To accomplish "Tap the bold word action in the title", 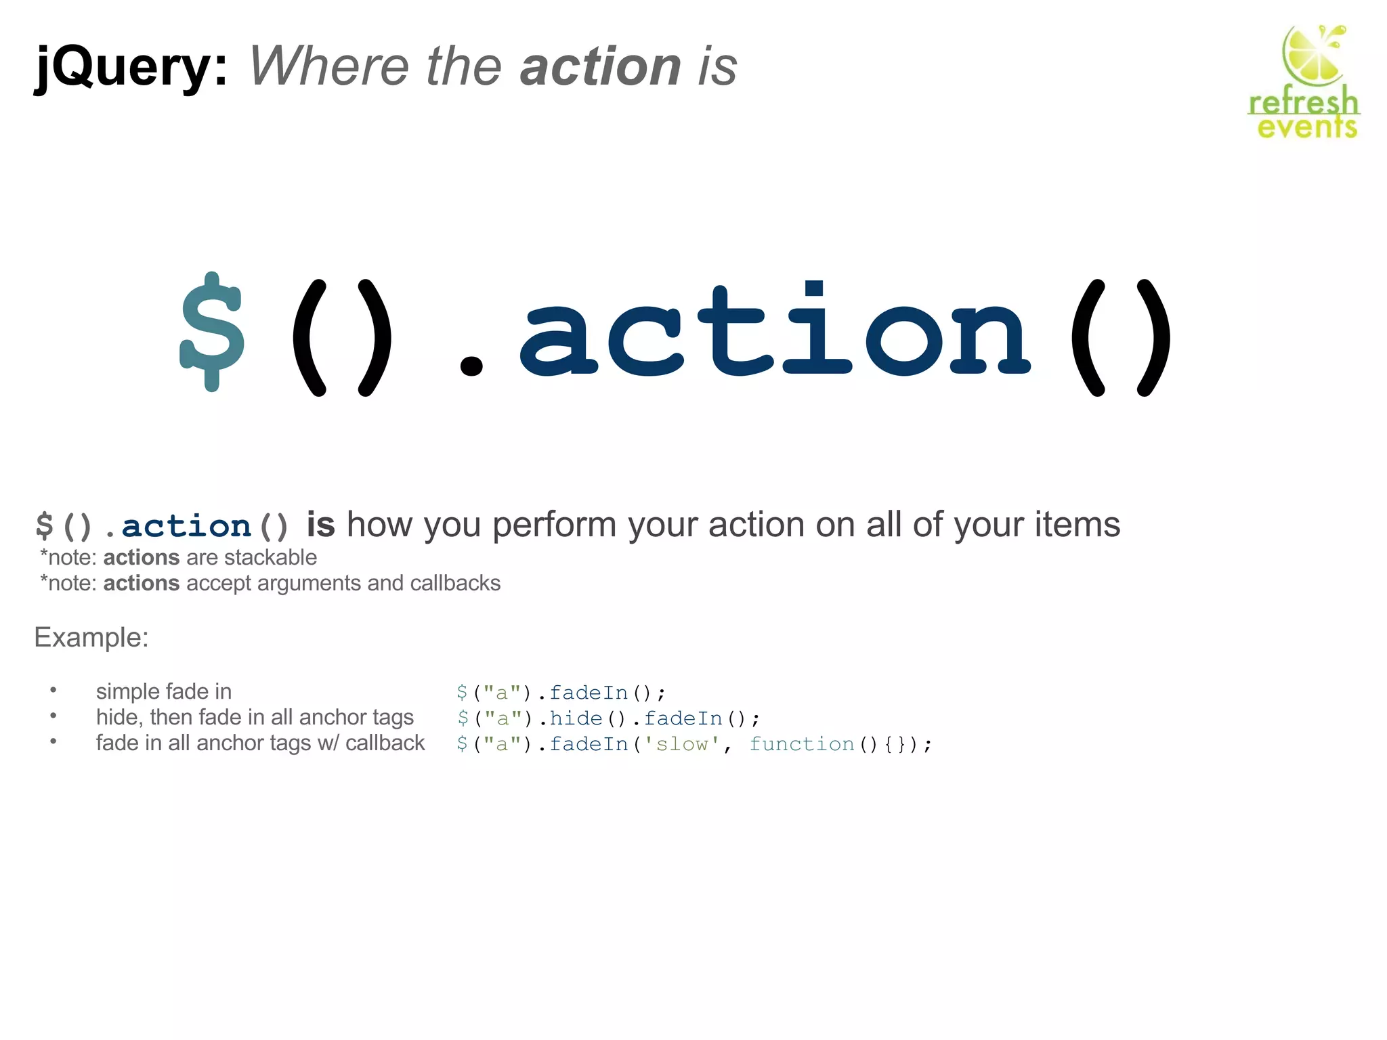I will click(600, 66).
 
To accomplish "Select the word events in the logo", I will click(1307, 127).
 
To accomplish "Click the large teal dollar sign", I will click(212, 332).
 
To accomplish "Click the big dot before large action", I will click(471, 366).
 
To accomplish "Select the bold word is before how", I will click(320, 525).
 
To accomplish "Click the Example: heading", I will click(91, 638).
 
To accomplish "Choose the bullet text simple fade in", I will click(164, 691).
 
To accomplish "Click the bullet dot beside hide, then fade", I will click(54, 716).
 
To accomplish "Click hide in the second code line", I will click(576, 718).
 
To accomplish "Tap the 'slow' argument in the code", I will click(681, 744).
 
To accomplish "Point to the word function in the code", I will click(801, 744).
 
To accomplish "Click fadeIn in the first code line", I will click(589, 693).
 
